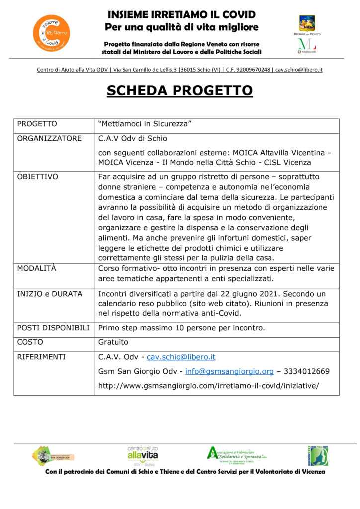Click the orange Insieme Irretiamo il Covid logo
tap(51, 32)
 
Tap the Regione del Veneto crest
tap(306, 23)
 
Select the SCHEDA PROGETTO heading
tap(180, 91)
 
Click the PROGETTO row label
tap(37, 124)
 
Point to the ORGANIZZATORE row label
tap(49, 138)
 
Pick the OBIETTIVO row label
tap(38, 177)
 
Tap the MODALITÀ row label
tap(37, 268)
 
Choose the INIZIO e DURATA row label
tap(50, 294)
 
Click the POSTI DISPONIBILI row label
tap(53, 328)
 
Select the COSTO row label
tap(30, 342)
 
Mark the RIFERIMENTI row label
tap(41, 357)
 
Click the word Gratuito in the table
tap(113, 342)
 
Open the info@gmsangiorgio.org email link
tap(230, 371)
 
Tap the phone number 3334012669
tap(309, 371)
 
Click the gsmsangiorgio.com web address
tap(209, 385)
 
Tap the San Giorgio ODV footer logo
tap(53, 455)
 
